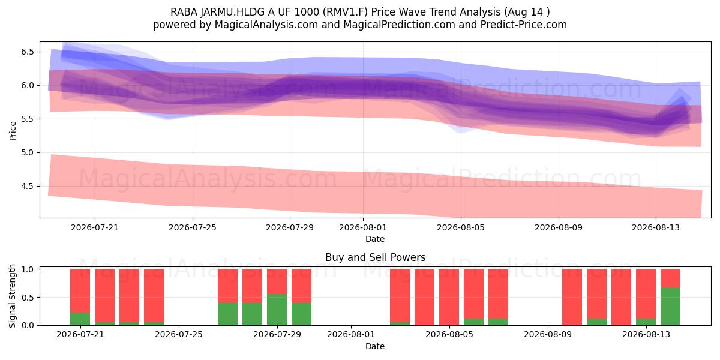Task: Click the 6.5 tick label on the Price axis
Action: pyautogui.click(x=28, y=52)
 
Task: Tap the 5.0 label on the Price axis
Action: pyautogui.click(x=28, y=152)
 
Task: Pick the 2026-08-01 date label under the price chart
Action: pyautogui.click(x=363, y=227)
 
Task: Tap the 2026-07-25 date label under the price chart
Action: pyautogui.click(x=193, y=227)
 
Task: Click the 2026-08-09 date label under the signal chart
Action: pyautogui.click(x=548, y=335)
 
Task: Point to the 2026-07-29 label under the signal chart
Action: pyautogui.click(x=277, y=335)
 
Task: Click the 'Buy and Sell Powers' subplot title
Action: pyautogui.click(x=375, y=257)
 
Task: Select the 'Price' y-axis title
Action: pyautogui.click(x=13, y=131)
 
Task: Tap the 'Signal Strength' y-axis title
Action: pyautogui.click(x=13, y=296)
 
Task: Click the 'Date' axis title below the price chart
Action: pyautogui.click(x=375, y=239)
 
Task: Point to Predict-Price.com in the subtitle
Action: pyautogui.click(x=524, y=25)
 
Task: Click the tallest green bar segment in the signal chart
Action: pyautogui.click(x=670, y=307)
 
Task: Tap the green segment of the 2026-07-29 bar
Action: pyautogui.click(x=277, y=310)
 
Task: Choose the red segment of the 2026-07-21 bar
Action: pyautogui.click(x=80, y=290)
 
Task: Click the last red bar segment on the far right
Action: pyautogui.click(x=670, y=278)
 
